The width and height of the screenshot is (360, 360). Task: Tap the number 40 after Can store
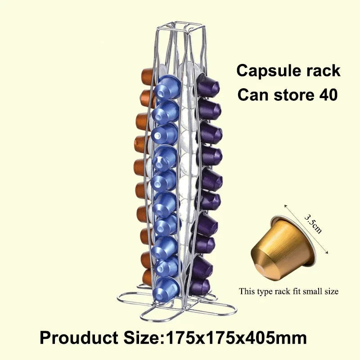[x=328, y=94]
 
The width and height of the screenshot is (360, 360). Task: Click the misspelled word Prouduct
[x=79, y=338]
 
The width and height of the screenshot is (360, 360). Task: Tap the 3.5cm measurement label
[x=313, y=224]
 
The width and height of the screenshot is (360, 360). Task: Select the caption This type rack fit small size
[x=288, y=291]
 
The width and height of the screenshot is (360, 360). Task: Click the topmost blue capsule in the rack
[x=167, y=87]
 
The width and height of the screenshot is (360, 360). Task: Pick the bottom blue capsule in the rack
[x=166, y=288]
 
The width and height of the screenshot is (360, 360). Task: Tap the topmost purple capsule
[x=208, y=85]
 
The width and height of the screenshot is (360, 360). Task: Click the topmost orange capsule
[x=147, y=77]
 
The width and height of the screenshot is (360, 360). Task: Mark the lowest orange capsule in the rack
[x=148, y=278]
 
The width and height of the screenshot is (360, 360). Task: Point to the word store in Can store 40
[x=294, y=95]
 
